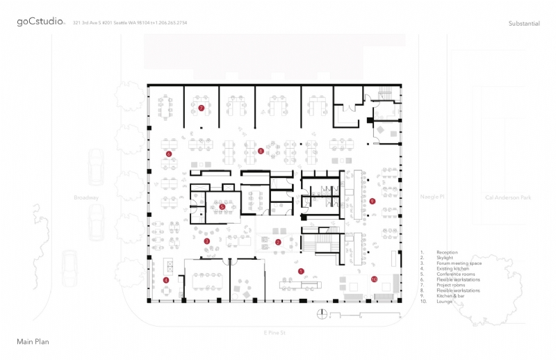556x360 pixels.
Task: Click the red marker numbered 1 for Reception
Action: coord(301,270)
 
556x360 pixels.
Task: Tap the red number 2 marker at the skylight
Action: coord(278,242)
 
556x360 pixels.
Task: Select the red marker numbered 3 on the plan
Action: coord(207,241)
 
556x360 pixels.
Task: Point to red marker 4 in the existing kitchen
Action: coord(165,280)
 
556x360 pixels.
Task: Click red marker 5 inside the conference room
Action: coord(222,206)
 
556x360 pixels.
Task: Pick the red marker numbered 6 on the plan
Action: coord(168,154)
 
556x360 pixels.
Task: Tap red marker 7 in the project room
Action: coord(201,108)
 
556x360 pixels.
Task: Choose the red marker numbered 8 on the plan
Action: coord(261,151)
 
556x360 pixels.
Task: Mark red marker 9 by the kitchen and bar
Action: coord(373,201)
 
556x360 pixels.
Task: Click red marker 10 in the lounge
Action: coord(373,279)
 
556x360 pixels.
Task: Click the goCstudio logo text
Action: coord(41,22)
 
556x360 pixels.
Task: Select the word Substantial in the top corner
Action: coord(524,24)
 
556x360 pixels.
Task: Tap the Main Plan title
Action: coord(33,342)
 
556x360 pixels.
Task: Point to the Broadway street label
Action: coord(87,197)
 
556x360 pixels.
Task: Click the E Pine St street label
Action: coord(275,334)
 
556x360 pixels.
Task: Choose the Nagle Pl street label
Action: coord(432,197)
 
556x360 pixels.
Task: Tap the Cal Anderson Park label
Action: coord(508,197)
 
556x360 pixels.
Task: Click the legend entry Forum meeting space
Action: coord(458,263)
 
